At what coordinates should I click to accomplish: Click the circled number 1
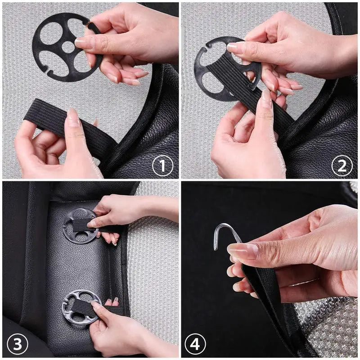coord(163,166)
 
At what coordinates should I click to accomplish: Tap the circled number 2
coord(342,166)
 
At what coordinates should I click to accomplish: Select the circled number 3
coord(18,344)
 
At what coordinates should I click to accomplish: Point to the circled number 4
coord(195,344)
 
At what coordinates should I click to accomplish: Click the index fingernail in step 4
coord(243,251)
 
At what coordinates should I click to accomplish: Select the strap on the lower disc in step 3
coord(85,307)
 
